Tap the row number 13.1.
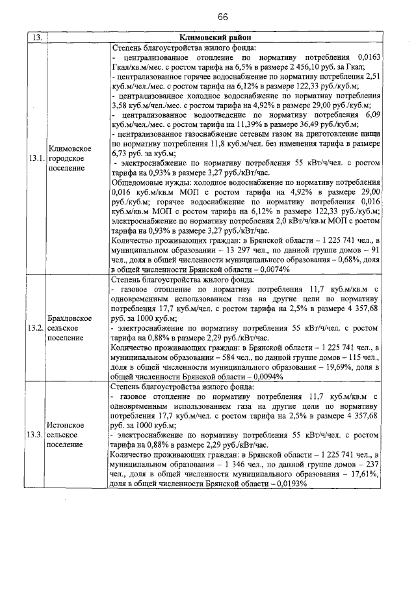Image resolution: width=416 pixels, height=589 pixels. click(36, 158)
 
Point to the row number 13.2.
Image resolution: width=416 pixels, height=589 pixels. click(36, 327)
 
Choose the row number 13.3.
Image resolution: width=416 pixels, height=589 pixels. click(36, 433)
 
